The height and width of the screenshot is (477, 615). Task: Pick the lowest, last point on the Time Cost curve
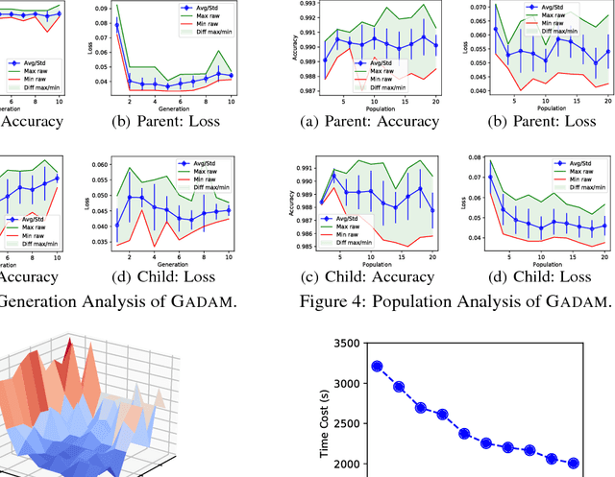(573, 463)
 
